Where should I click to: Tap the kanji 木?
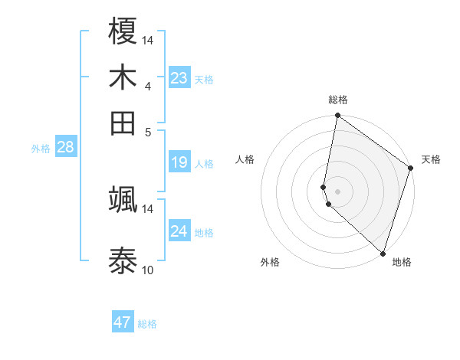(123, 77)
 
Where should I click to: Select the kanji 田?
(123, 122)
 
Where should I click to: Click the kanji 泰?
(123, 260)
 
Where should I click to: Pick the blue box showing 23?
(179, 78)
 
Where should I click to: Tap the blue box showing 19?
(179, 162)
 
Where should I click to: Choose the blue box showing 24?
(179, 231)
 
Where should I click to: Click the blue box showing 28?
(65, 148)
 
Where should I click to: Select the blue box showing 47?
(123, 322)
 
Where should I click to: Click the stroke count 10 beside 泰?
(148, 270)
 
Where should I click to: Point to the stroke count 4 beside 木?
(148, 86)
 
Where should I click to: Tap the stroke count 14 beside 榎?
(148, 40)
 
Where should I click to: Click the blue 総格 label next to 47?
(147, 324)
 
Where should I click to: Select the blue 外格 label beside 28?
(41, 149)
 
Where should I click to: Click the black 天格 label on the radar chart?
(431, 159)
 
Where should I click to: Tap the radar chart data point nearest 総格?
(337, 116)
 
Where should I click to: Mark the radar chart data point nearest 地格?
(383, 253)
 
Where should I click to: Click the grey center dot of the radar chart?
(337, 191)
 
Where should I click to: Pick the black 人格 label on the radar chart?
(245, 159)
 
